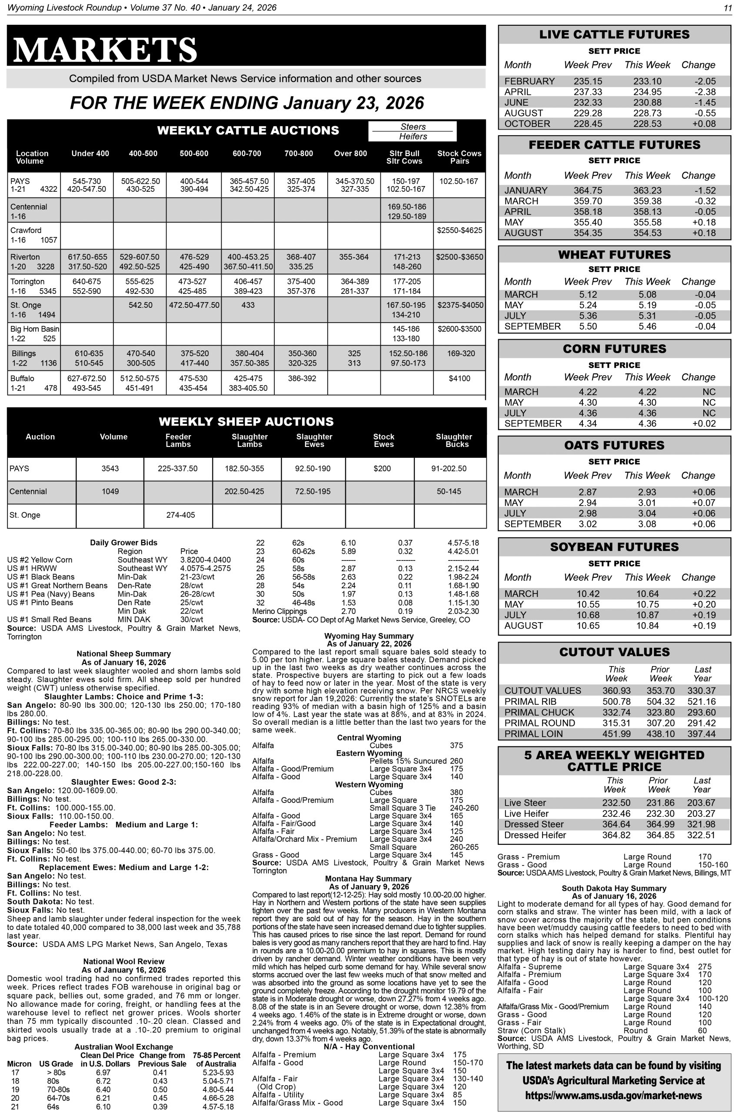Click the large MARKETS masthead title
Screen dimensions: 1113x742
[x=106, y=49]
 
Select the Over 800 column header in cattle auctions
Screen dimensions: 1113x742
[x=350, y=153]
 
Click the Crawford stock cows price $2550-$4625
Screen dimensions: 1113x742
[x=459, y=230]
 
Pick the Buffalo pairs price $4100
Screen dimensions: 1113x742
[x=459, y=378]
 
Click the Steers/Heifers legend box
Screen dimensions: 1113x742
[x=413, y=132]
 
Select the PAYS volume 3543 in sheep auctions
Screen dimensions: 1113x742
[x=110, y=469]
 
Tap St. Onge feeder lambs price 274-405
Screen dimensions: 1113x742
[x=180, y=515]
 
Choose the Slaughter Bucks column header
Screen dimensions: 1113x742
[x=453, y=440]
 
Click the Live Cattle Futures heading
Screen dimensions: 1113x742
[x=614, y=34]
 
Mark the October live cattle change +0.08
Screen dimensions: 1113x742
[x=704, y=124]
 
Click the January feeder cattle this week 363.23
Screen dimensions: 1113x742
[x=647, y=191]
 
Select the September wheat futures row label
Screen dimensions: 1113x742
[x=532, y=327]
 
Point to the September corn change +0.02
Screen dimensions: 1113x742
[x=704, y=423]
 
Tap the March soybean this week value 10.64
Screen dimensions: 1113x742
[x=647, y=594]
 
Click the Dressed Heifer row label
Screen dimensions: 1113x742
[x=535, y=835]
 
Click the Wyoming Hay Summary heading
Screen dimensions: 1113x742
[x=369, y=636]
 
